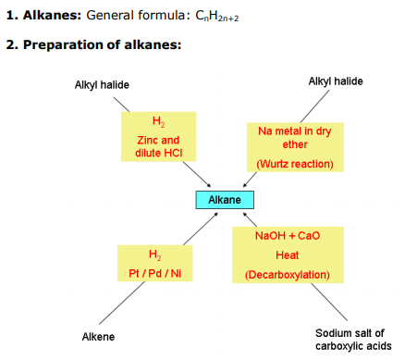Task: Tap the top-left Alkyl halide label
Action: pos(102,85)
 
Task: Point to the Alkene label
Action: pos(99,336)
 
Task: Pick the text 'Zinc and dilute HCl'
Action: pos(158,146)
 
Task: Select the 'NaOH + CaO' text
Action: pos(287,236)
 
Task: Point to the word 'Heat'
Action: pos(287,254)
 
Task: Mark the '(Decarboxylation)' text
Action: pos(287,275)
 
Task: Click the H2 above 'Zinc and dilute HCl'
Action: pos(158,122)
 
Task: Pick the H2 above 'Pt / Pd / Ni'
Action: pos(154,253)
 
